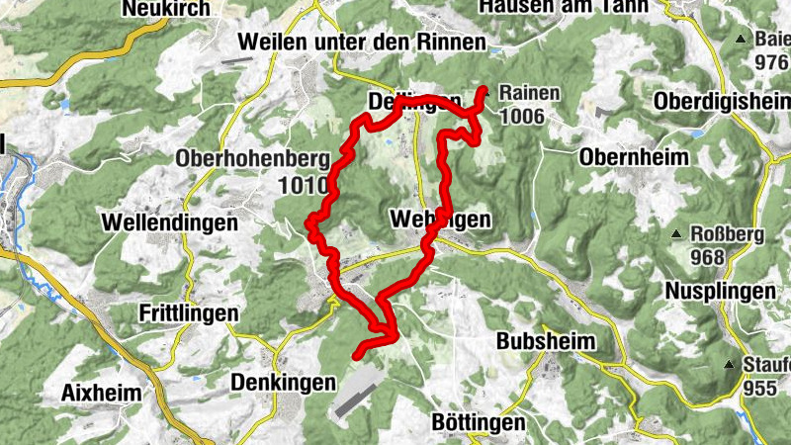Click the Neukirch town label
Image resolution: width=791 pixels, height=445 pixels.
164,10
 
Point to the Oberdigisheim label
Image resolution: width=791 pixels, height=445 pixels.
722,103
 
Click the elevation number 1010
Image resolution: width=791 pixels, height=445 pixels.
303,184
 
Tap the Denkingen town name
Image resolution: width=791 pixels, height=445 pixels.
283,381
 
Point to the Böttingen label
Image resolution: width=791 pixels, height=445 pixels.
479,422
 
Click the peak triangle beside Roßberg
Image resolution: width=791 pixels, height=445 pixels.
676,235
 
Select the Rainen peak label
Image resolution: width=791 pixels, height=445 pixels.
531,94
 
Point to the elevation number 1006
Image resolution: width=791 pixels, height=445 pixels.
523,117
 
